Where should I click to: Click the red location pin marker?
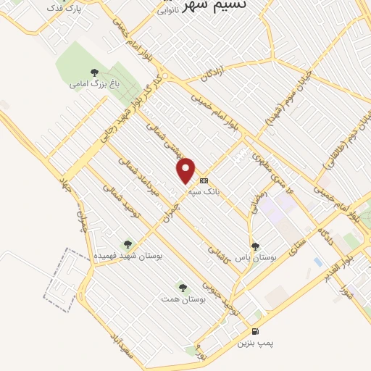[x=187, y=170]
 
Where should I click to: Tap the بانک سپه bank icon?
[x=204, y=180]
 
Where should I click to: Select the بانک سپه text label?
[x=204, y=192]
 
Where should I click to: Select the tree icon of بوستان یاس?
[x=254, y=246]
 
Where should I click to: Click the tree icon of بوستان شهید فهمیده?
[x=128, y=244]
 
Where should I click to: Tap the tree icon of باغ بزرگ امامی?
[x=93, y=71]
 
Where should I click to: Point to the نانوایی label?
[x=170, y=12]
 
